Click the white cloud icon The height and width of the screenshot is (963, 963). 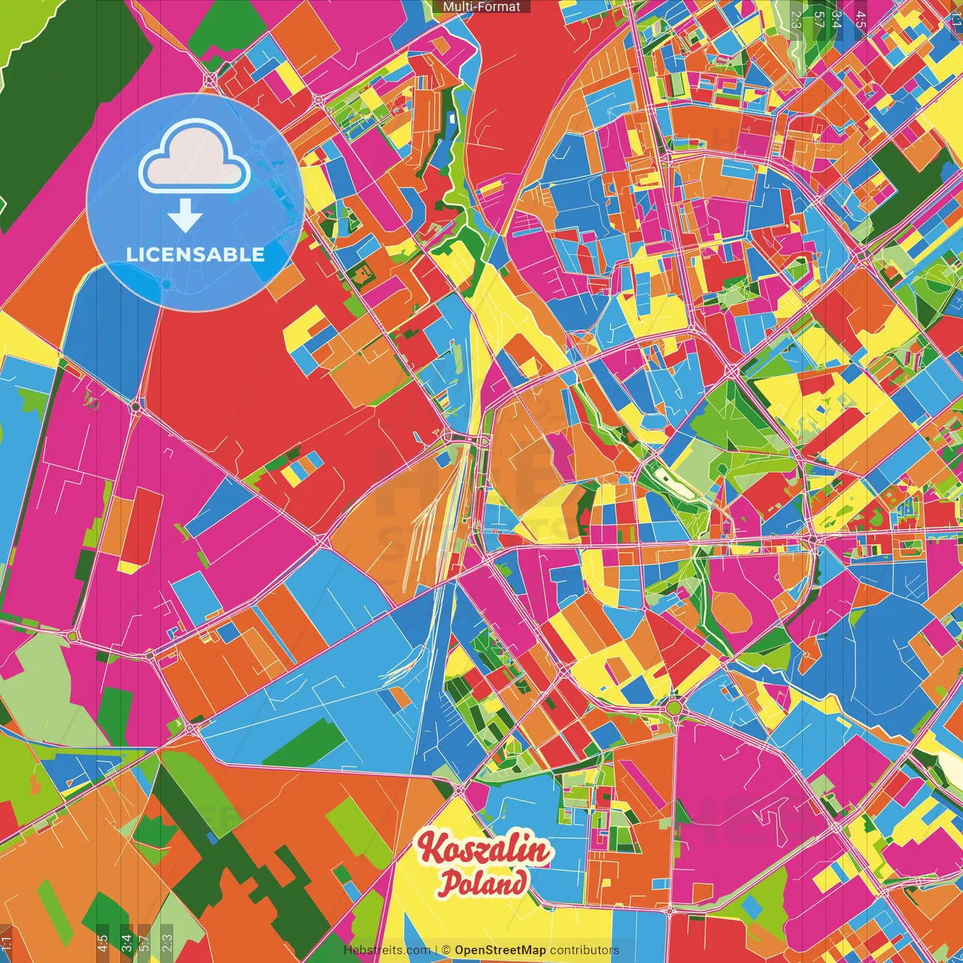point(194,159)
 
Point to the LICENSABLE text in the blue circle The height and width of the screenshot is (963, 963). point(195,254)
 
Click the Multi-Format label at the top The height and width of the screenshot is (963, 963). point(481,7)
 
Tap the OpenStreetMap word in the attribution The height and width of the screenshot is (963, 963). point(500,950)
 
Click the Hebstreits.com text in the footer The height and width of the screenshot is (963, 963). point(387,950)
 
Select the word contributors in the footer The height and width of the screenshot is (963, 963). point(585,950)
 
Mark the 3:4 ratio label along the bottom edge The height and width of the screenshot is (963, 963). point(126,943)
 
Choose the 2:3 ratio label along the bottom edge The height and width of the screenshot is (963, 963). point(166,943)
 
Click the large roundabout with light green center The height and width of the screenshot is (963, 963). point(674,707)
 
